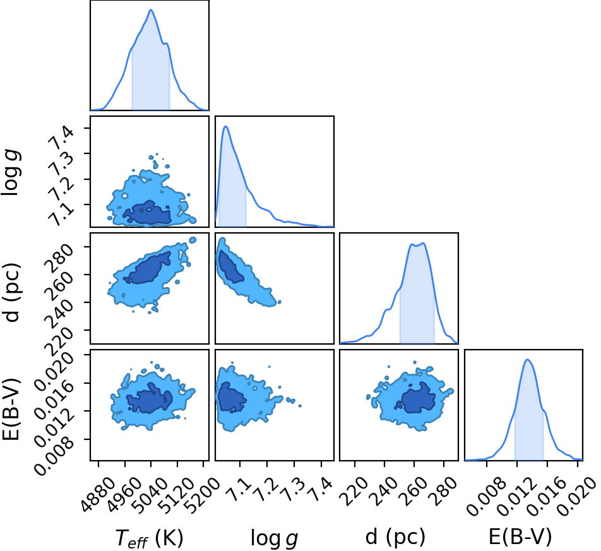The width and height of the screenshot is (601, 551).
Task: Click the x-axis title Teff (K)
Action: click(149, 538)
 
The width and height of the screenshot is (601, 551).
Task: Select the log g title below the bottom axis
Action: click(274, 538)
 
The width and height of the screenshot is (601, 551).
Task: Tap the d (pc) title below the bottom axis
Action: click(395, 537)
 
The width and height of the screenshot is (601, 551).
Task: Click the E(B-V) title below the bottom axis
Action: click(520, 537)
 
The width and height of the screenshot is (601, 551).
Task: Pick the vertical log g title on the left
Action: click(11, 172)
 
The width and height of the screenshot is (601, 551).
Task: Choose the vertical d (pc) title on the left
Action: click(11, 292)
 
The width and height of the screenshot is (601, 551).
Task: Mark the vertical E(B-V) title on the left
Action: click(11, 408)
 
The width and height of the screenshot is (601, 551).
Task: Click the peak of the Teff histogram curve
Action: click(151, 9)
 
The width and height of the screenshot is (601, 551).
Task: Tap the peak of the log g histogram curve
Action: click(226, 126)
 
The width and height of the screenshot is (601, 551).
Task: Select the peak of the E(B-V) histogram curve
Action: click(527, 359)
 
